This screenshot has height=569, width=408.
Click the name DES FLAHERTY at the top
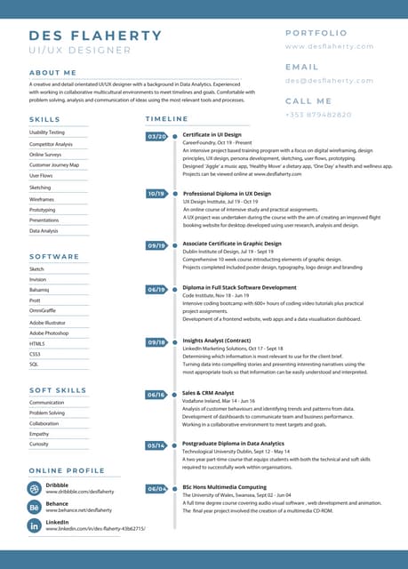click(95, 36)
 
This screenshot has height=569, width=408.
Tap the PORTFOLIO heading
click(316, 33)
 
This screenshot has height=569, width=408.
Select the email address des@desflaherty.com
click(330, 80)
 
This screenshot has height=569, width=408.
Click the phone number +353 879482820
click(318, 115)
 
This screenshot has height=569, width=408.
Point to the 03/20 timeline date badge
click(156, 136)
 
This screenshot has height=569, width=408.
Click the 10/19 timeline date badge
click(156, 193)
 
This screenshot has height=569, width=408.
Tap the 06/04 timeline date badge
click(156, 488)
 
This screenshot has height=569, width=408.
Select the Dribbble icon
click(34, 488)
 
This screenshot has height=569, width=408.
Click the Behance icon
click(34, 507)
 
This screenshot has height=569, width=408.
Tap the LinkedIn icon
click(34, 525)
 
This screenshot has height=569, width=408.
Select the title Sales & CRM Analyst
click(208, 392)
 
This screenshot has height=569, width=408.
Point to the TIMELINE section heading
click(167, 118)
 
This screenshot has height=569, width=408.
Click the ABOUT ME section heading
click(52, 72)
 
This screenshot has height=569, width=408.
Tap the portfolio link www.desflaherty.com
click(330, 46)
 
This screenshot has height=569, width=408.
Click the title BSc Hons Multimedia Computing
click(224, 487)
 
